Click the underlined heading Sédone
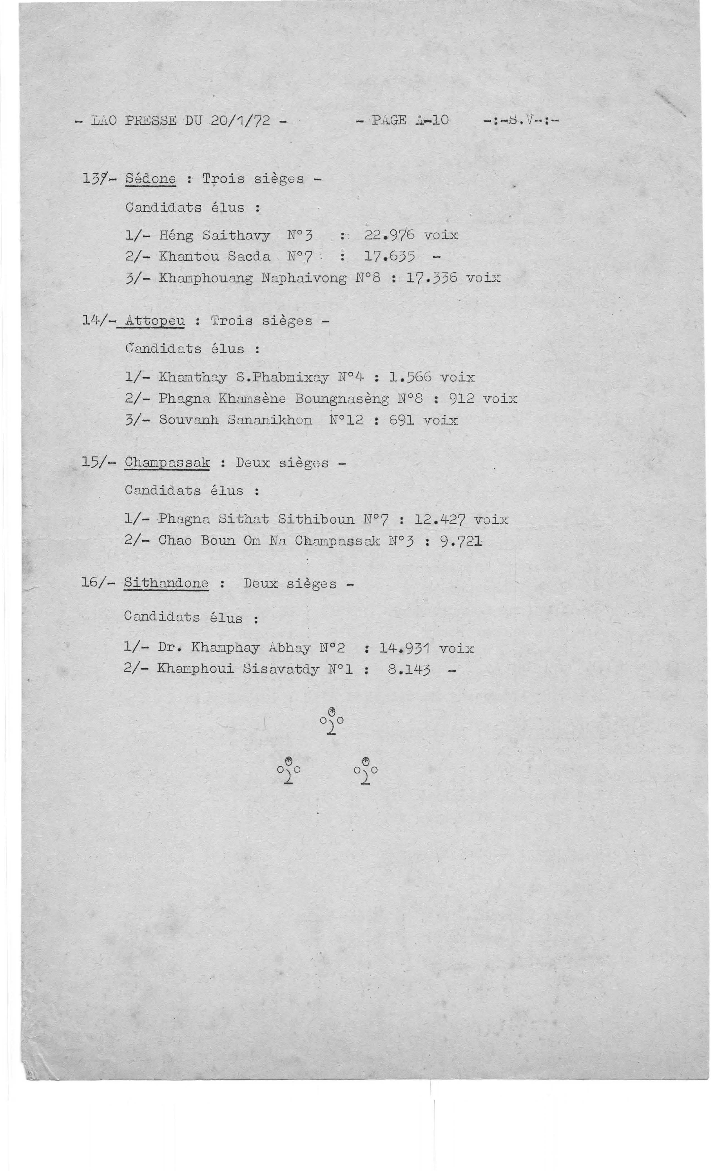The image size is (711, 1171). pyautogui.click(x=150, y=179)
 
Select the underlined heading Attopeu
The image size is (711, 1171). pyautogui.click(x=154, y=321)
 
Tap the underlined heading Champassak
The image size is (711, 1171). pyautogui.click(x=166, y=463)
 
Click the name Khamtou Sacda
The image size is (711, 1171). pyautogui.click(x=214, y=257)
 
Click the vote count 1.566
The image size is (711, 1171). pyautogui.click(x=410, y=377)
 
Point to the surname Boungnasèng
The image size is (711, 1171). pyautogui.click(x=341, y=399)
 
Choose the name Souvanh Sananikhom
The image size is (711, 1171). pyautogui.click(x=235, y=420)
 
